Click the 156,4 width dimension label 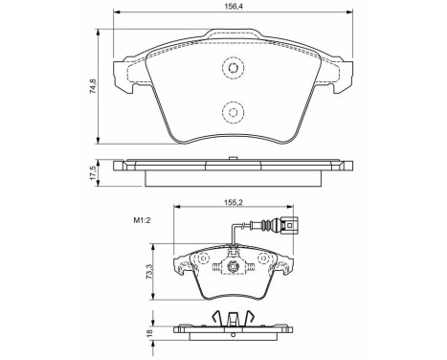(234, 7)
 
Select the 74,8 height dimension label (93, 86)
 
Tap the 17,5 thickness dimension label (93, 172)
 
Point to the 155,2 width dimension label (234, 202)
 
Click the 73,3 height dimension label (148, 272)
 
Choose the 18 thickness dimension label (148, 332)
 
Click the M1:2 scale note (142, 220)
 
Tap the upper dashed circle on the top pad (233, 68)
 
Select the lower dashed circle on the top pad (233, 112)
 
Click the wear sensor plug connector (289, 225)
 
